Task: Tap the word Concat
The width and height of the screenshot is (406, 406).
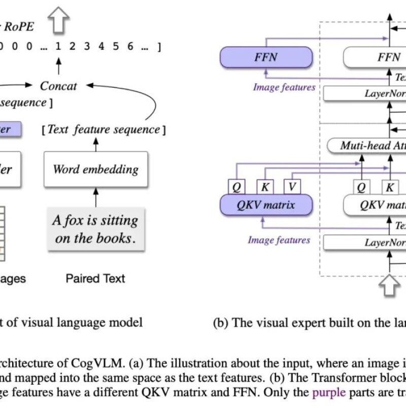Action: [x=58, y=86]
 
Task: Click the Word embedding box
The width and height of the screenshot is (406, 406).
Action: [x=95, y=168]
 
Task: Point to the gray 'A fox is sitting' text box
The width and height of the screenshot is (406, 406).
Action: [x=95, y=229]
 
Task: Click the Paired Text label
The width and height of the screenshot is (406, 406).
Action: [x=95, y=278]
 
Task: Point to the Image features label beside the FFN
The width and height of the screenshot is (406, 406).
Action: [x=284, y=87]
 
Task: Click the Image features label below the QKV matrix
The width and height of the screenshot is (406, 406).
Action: [x=279, y=240]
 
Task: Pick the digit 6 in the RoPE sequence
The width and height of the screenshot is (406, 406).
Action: [x=130, y=46]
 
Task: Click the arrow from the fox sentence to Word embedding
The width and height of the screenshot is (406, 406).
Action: [x=95, y=194]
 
